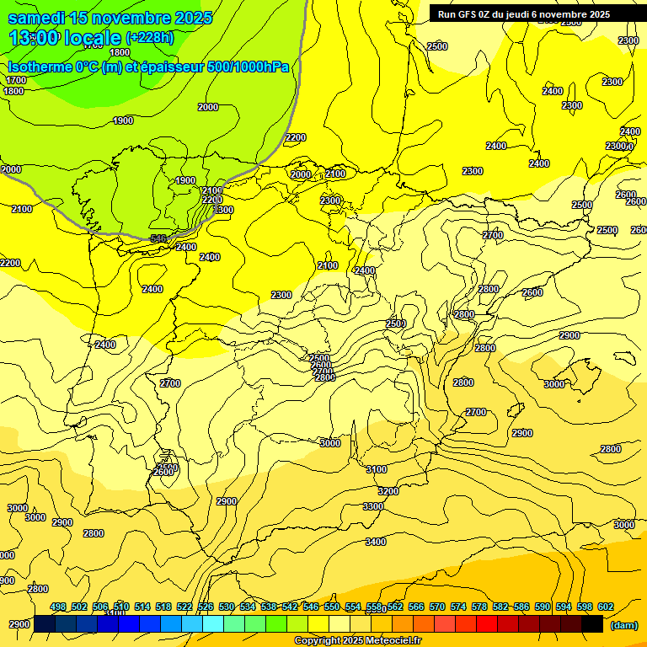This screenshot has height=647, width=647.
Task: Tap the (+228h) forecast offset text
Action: [x=149, y=37]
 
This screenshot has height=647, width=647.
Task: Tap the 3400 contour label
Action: [x=376, y=542]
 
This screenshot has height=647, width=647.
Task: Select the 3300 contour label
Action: [x=372, y=506]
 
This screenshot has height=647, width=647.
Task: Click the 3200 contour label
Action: [x=388, y=490]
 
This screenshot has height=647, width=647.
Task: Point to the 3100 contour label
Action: [x=376, y=469]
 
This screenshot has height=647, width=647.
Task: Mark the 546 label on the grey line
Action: [x=158, y=239]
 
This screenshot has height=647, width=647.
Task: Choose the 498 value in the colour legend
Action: [x=58, y=607]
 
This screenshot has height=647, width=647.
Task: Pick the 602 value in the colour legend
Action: [x=606, y=607]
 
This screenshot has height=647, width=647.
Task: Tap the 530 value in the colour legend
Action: [x=227, y=607]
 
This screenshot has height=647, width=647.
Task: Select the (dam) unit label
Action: [x=624, y=624]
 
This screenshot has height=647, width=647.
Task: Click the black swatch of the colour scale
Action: [x=592, y=623]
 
